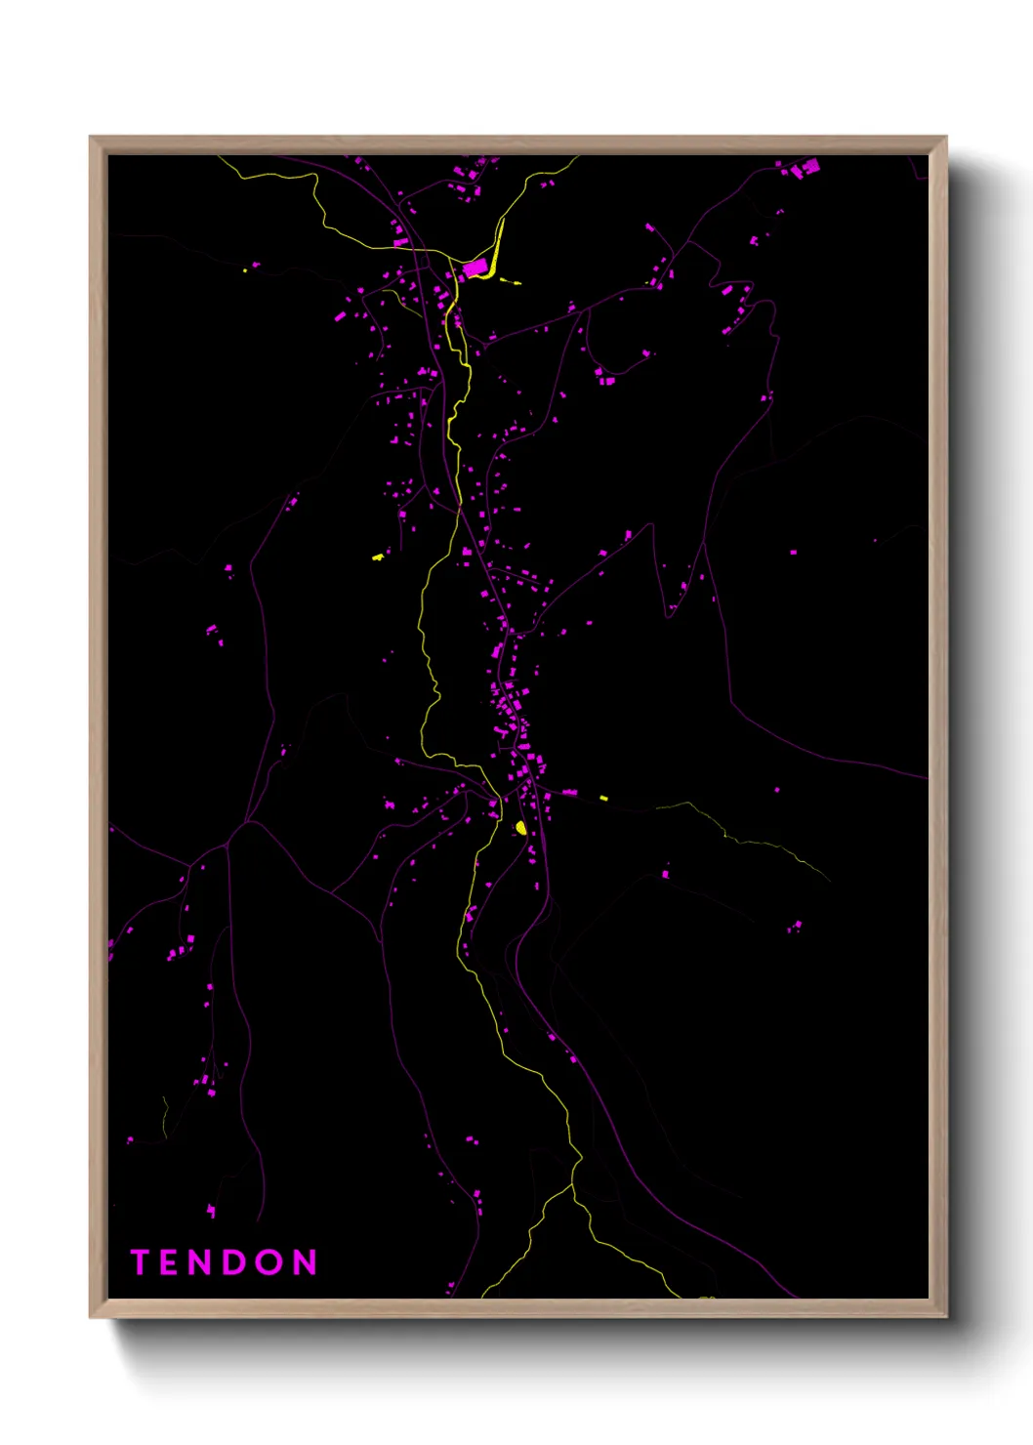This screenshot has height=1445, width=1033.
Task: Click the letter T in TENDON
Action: click(140, 1262)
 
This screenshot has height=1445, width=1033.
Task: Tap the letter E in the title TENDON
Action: click(171, 1262)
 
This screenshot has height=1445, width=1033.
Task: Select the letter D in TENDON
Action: click(237, 1262)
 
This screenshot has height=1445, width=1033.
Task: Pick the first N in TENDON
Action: click(203, 1262)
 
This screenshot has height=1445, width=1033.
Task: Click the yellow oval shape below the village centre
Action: click(520, 828)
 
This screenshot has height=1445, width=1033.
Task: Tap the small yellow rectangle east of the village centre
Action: click(603, 798)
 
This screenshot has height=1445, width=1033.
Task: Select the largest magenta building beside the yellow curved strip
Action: click(475, 268)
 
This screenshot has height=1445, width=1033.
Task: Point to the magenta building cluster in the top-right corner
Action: click(805, 169)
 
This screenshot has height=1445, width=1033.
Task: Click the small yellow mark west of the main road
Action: click(378, 557)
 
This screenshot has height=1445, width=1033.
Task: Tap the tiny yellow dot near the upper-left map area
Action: click(244, 270)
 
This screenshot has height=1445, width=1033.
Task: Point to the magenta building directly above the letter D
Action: click(211, 1211)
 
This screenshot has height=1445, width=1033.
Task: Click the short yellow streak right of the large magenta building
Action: click(510, 282)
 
